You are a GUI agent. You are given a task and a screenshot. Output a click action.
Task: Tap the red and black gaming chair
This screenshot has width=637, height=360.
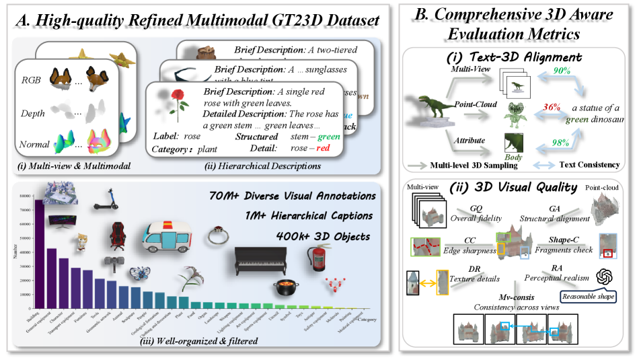[118, 236]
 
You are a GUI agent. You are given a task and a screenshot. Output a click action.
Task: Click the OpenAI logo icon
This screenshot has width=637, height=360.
[603, 277]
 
